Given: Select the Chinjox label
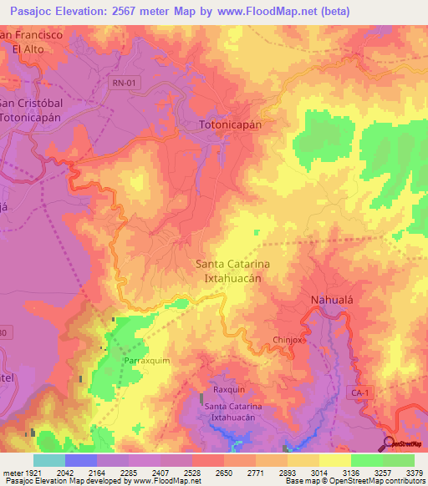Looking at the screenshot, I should pyautogui.click(x=289, y=340).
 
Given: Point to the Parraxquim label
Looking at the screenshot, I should pyautogui.click(x=146, y=361).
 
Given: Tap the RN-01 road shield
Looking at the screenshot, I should pyautogui.click(x=124, y=82).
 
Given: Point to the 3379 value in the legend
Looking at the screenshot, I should pyautogui.click(x=412, y=472).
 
